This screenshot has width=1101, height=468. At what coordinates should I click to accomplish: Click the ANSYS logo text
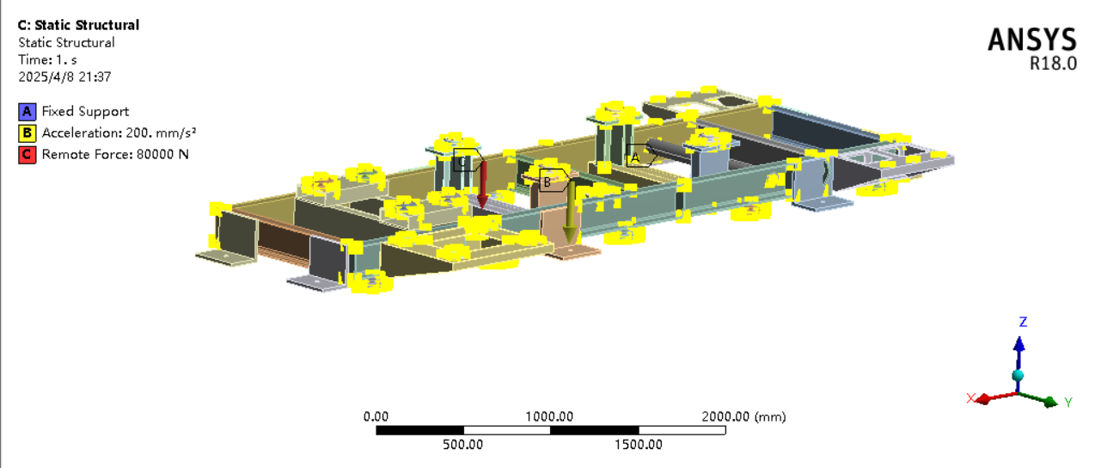pyautogui.click(x=1031, y=40)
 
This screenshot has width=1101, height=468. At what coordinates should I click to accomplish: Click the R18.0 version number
pyautogui.click(x=1054, y=64)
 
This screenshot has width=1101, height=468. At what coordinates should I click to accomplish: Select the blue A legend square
pyautogui.click(x=27, y=112)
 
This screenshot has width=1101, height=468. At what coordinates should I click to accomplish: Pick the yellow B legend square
pyautogui.click(x=27, y=133)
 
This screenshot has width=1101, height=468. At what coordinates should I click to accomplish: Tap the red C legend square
pyautogui.click(x=27, y=155)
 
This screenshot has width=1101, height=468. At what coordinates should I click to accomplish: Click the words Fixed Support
pyautogui.click(x=85, y=112)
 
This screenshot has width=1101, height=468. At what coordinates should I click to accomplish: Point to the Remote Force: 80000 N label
pyautogui.click(x=115, y=155)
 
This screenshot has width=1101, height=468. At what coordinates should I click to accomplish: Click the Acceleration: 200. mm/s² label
pyautogui.click(x=119, y=132)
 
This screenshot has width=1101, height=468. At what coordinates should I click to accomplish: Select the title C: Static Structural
pyautogui.click(x=79, y=25)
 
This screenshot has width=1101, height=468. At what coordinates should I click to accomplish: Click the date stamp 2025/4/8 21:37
pyautogui.click(x=64, y=77)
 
